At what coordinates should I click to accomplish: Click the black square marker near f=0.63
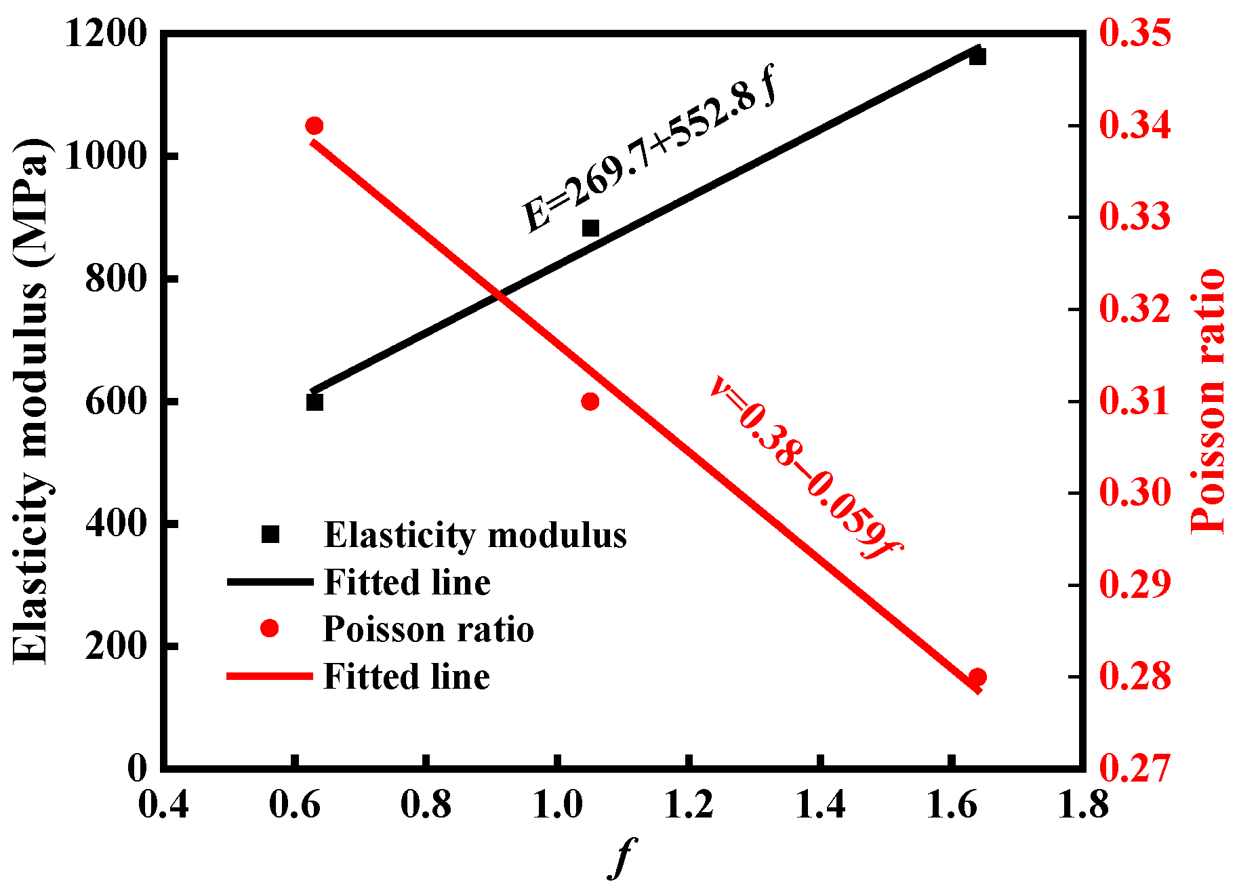pyautogui.click(x=315, y=403)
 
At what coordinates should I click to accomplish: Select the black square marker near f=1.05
pyautogui.click(x=591, y=228)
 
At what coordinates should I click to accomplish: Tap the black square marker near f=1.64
pyautogui.click(x=977, y=56)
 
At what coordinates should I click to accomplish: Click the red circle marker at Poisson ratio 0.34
pyautogui.click(x=315, y=126)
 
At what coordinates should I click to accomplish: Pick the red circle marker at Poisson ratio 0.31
pyautogui.click(x=590, y=402)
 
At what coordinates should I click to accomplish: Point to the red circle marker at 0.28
pyautogui.click(x=977, y=677)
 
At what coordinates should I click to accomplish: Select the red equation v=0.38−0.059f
pyautogui.click(x=805, y=468)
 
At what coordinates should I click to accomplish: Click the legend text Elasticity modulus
pyautogui.click(x=475, y=536)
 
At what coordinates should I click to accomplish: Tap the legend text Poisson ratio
pyautogui.click(x=428, y=629)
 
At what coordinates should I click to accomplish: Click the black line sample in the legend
pyautogui.click(x=270, y=582)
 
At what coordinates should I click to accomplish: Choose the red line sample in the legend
pyautogui.click(x=270, y=677)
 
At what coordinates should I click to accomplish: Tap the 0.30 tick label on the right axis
pyautogui.click(x=1135, y=492)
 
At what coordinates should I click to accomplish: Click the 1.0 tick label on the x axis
pyautogui.click(x=557, y=805)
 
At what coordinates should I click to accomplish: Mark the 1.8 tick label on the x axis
pyautogui.click(x=1082, y=805)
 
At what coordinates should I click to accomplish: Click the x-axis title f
pyautogui.click(x=622, y=857)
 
